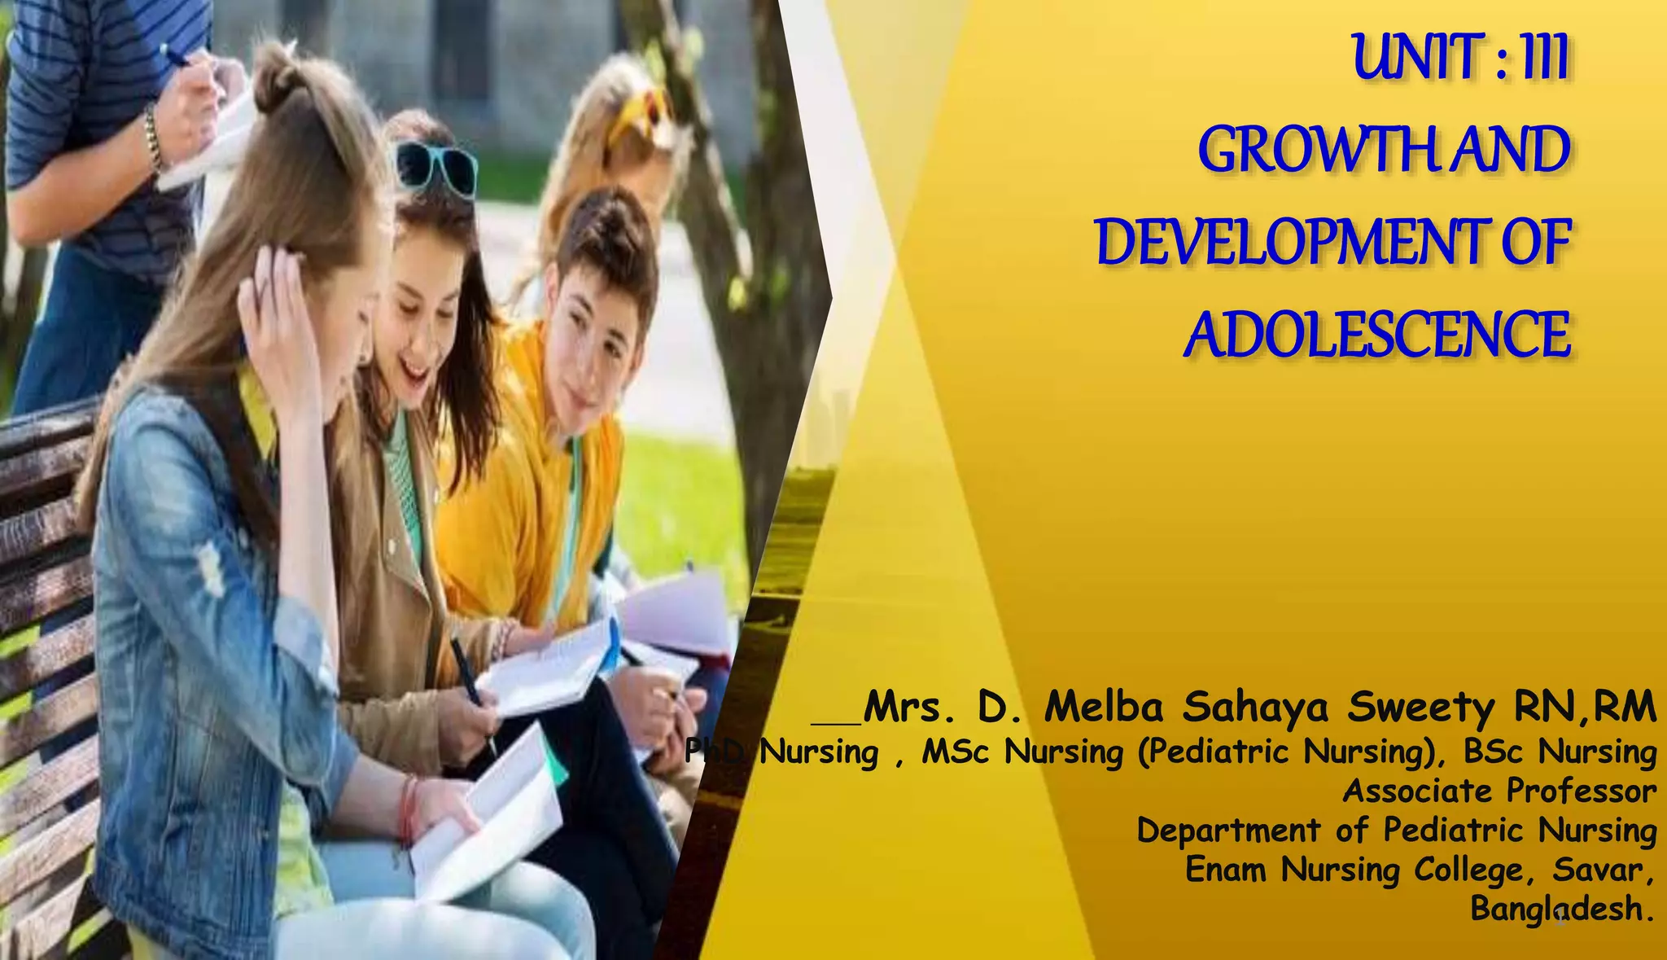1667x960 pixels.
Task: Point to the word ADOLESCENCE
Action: (x=1376, y=335)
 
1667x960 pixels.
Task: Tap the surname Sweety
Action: (x=1420, y=707)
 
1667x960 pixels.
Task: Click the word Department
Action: (x=1227, y=831)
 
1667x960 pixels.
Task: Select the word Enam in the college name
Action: (x=1226, y=869)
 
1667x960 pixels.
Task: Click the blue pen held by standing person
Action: (x=174, y=55)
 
